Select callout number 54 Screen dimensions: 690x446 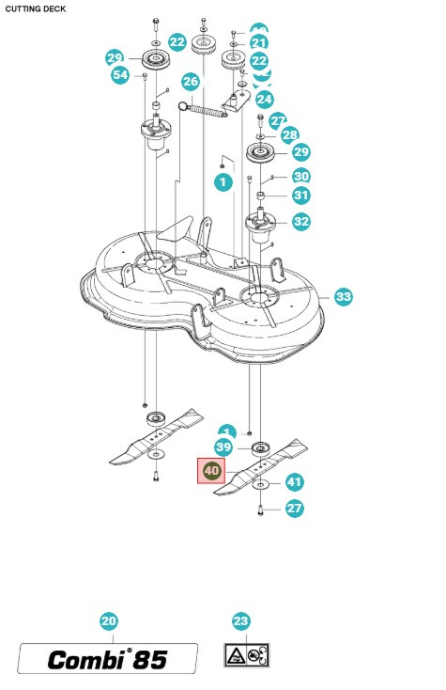(120, 74)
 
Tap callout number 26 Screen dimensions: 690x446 (191, 82)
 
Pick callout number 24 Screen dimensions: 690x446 (264, 99)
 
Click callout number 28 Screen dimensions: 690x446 (289, 135)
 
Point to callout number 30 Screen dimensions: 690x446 (300, 176)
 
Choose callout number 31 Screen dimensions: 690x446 (300, 196)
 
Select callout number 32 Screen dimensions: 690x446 (300, 222)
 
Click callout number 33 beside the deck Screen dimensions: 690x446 (344, 297)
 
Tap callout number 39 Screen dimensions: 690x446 (223, 447)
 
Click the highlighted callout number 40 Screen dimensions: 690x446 (210, 471)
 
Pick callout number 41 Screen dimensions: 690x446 (295, 482)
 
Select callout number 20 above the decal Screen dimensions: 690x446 (109, 621)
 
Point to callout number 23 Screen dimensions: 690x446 (241, 621)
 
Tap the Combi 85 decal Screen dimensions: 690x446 (109, 659)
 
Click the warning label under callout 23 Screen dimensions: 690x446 (246, 654)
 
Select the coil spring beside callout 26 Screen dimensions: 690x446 (213, 110)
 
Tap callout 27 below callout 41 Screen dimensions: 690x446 (295, 509)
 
